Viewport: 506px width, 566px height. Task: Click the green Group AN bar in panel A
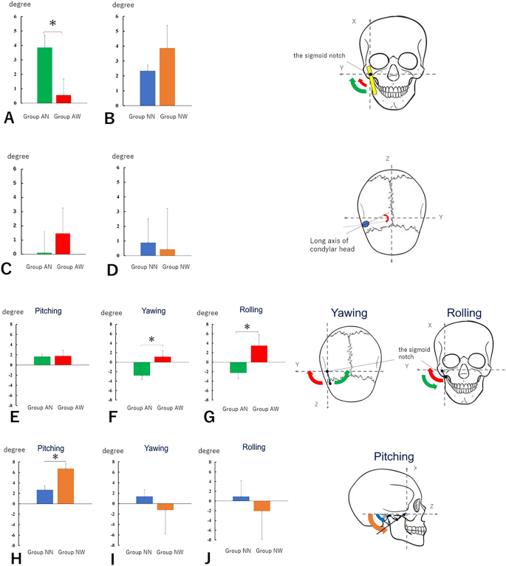point(44,75)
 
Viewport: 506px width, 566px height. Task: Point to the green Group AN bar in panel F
point(142,369)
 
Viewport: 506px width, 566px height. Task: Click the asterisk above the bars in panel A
point(52,24)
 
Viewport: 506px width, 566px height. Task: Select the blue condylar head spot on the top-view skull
point(365,224)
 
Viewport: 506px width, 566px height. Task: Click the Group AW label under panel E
point(64,407)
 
